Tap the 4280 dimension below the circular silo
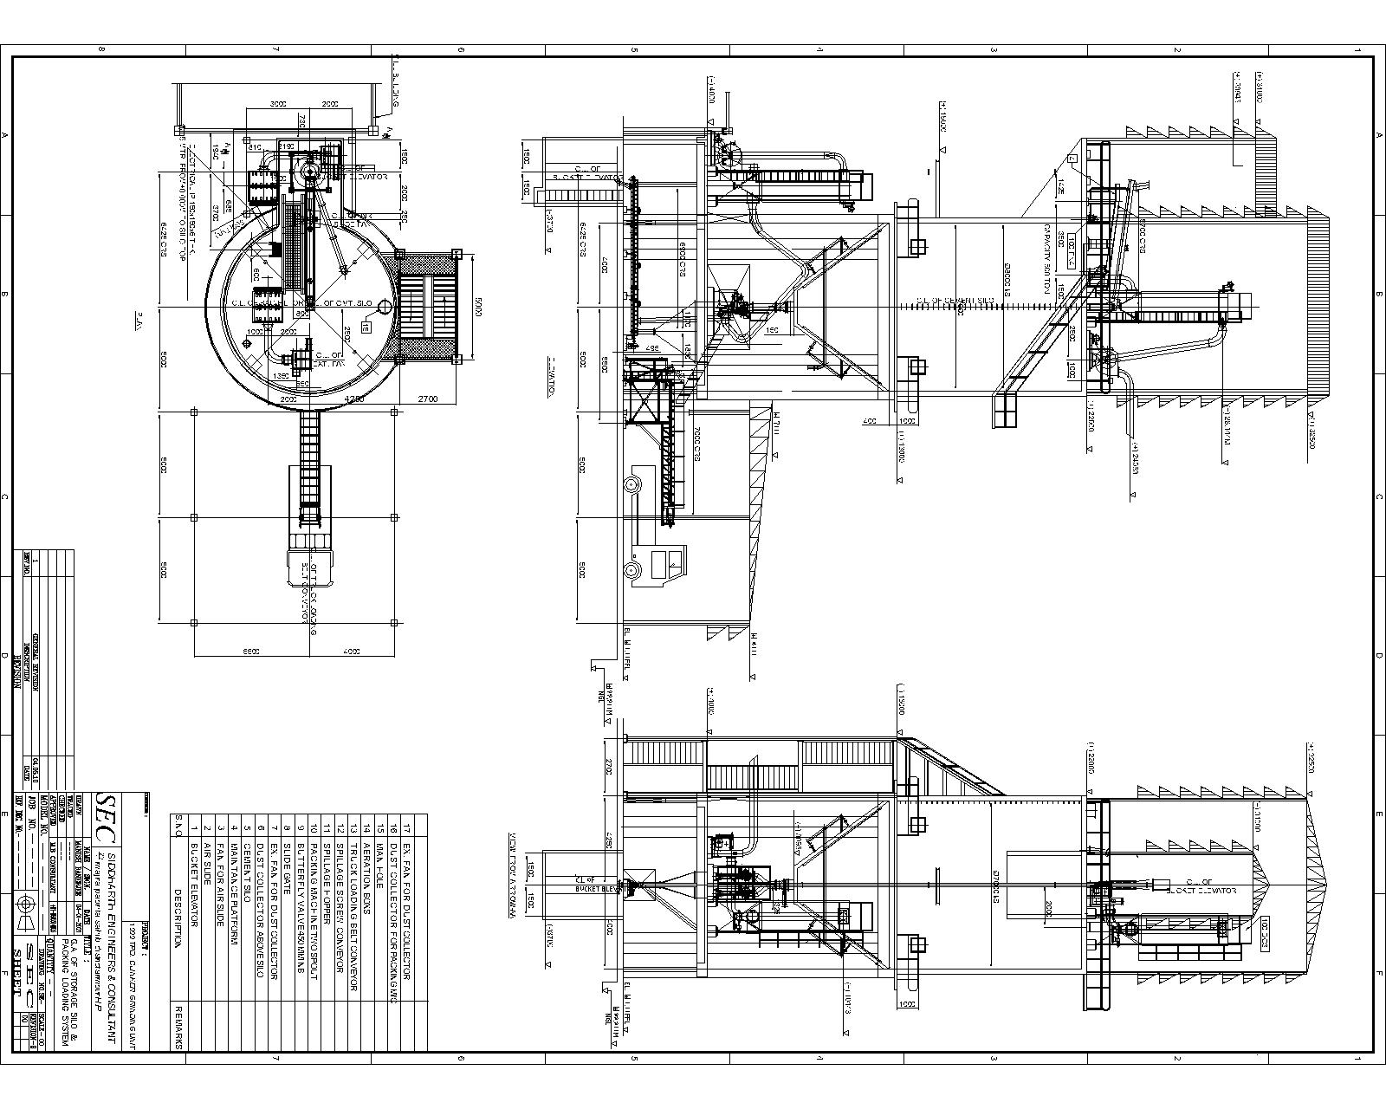click(x=353, y=399)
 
